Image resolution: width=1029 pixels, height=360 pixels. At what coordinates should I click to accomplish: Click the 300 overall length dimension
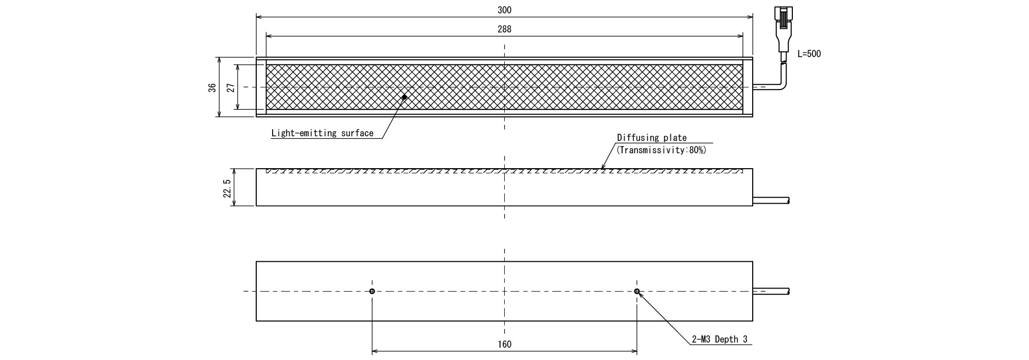[504, 10]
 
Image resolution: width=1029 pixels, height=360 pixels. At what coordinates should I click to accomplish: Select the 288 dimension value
[504, 29]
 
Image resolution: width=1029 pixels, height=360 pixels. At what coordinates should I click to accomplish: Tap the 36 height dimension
[212, 87]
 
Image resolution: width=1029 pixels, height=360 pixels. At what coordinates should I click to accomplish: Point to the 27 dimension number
[230, 87]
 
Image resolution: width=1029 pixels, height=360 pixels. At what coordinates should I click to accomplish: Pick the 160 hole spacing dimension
[504, 345]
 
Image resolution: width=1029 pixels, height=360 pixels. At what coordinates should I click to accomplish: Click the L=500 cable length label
[809, 54]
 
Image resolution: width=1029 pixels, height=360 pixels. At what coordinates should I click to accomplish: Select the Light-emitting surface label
[323, 133]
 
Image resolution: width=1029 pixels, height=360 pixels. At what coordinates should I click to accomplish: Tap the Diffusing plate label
[652, 138]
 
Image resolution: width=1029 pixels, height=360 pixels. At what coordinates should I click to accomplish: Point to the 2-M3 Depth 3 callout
[719, 339]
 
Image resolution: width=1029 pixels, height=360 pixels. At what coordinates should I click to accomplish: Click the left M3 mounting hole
[372, 292]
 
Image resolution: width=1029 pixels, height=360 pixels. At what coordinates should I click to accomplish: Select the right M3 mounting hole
[637, 292]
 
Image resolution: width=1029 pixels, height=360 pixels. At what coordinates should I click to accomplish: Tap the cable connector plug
[783, 28]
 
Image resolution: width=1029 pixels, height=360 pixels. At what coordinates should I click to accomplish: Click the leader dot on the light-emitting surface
[404, 97]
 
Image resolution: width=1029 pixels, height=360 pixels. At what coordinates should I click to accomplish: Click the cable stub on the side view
[771, 200]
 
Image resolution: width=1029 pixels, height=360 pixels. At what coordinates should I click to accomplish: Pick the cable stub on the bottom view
[771, 292]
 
